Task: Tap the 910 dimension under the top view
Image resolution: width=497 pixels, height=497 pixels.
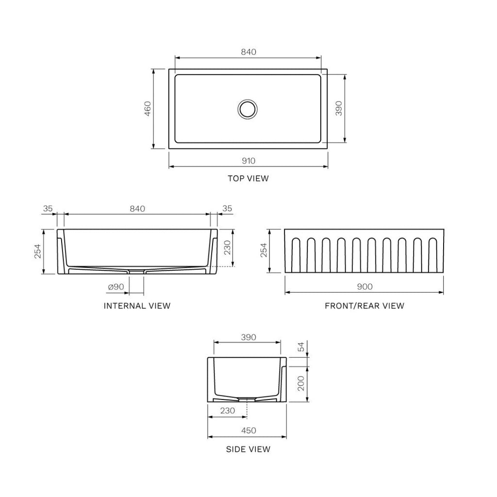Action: pyautogui.click(x=248, y=161)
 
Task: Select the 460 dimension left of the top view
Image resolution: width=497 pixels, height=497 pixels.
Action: pyautogui.click(x=148, y=109)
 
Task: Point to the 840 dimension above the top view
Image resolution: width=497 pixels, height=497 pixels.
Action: pyautogui.click(x=248, y=52)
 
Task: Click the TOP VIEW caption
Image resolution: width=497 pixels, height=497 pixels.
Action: pyautogui.click(x=248, y=179)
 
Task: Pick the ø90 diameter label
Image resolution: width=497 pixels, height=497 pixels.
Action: pyautogui.click(x=116, y=287)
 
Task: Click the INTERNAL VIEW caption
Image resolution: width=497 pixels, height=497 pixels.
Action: pyautogui.click(x=137, y=306)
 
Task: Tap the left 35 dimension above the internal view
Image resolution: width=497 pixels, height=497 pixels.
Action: pyautogui.click(x=48, y=209)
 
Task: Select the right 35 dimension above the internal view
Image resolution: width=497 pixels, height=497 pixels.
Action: pyautogui.click(x=227, y=209)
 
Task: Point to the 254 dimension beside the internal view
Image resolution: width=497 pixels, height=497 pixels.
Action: pyautogui.click(x=38, y=251)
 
